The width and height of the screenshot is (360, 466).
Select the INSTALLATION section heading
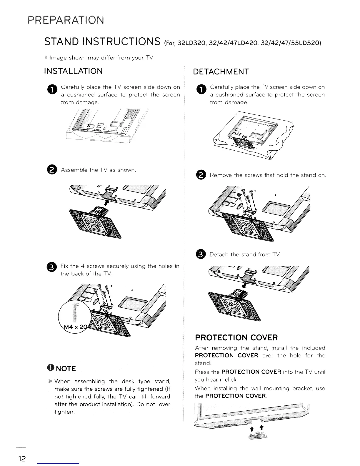[73, 71]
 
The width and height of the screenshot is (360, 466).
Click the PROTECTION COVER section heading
[236, 337]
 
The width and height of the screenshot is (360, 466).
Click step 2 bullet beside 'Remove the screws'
[201, 175]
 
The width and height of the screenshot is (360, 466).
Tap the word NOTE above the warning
[66, 369]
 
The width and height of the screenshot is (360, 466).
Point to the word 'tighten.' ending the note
[64, 412]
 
